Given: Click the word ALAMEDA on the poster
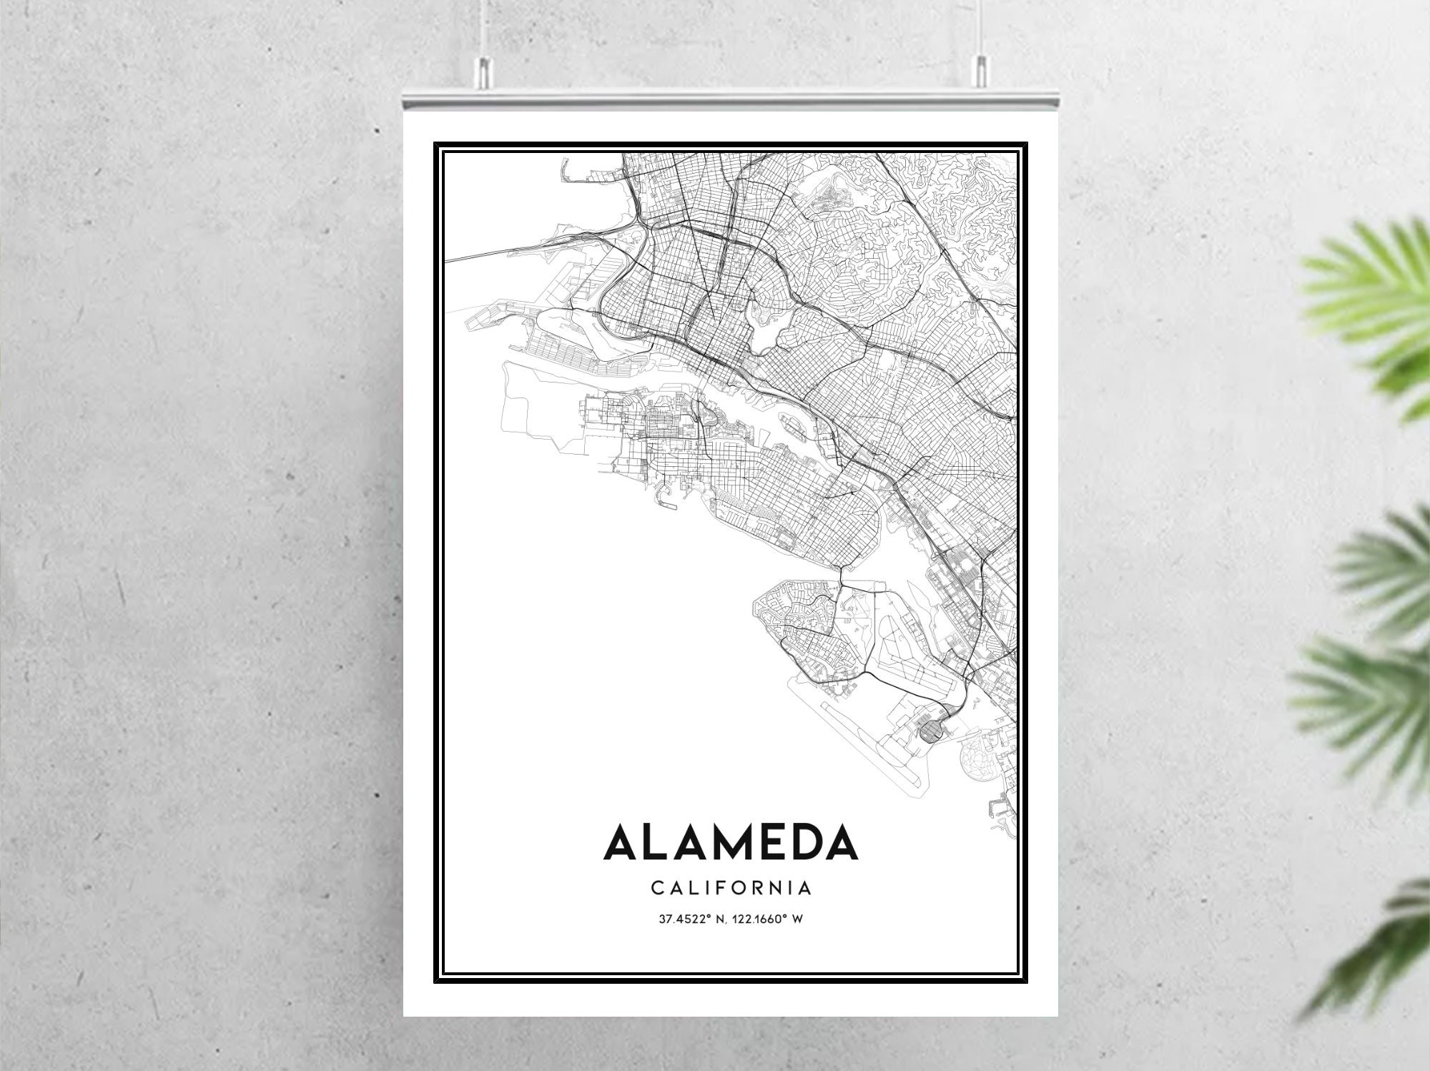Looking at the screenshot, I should tap(730, 844).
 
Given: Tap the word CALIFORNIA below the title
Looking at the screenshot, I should tap(731, 888).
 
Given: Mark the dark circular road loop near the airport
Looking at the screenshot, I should tap(930, 731).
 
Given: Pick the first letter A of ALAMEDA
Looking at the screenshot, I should tap(623, 844).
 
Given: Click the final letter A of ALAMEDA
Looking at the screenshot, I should tap(842, 844).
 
